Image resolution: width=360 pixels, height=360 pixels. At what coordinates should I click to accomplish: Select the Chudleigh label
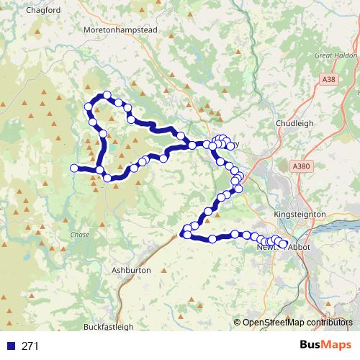click(295, 123)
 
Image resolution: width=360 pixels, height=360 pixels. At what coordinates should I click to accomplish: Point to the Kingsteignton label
click(300, 215)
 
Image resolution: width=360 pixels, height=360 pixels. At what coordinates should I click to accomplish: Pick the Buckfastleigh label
click(108, 326)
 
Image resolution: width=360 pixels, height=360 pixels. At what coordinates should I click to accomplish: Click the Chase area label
click(79, 235)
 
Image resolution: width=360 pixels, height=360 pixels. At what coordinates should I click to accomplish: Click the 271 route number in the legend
click(30, 346)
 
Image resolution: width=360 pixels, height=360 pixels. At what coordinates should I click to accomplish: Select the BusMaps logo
click(322, 345)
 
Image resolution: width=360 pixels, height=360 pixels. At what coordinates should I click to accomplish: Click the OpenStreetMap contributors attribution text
click(297, 323)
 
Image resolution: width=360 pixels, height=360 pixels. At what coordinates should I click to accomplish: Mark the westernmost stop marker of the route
click(73, 168)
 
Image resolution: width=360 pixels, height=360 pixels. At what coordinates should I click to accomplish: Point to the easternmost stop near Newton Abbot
click(283, 245)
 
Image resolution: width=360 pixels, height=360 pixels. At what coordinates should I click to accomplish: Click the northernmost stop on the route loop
click(107, 96)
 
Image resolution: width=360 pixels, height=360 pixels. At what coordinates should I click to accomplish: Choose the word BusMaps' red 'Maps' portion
click(334, 345)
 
